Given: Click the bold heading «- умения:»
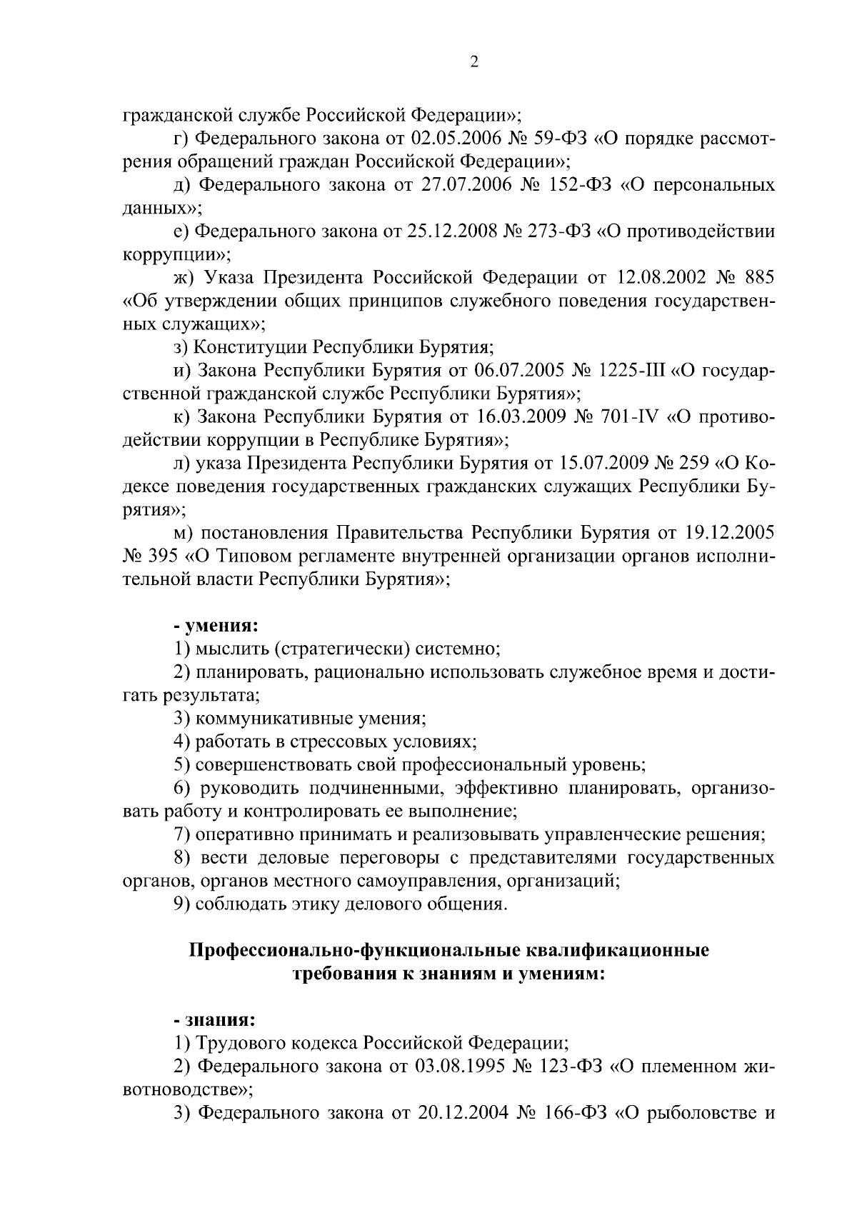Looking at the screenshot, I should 216,627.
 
